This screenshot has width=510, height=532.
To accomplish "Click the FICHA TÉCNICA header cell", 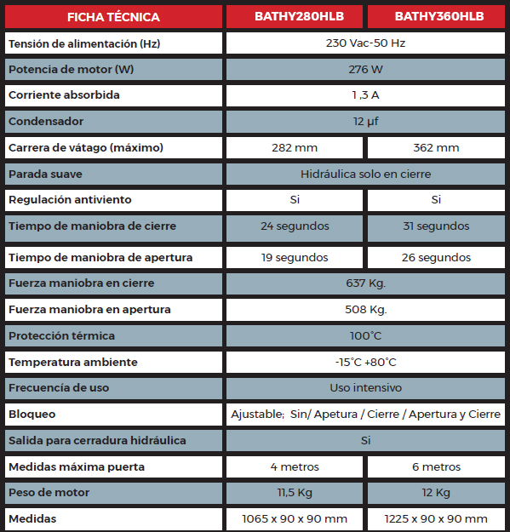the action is click(112, 16).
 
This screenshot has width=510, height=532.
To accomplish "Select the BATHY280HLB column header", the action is click(294, 16).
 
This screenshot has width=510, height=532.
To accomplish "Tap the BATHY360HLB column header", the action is click(436, 16).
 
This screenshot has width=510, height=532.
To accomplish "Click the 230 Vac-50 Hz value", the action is click(365, 43).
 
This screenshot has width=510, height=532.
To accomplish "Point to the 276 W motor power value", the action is click(365, 69).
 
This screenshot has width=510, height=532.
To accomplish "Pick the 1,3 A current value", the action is click(365, 95).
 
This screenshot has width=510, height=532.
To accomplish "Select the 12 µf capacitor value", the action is click(365, 122).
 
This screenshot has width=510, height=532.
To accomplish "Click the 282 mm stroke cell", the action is click(294, 148).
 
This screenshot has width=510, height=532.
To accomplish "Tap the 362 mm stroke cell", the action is click(436, 148).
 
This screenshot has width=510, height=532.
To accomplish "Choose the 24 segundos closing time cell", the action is click(294, 226).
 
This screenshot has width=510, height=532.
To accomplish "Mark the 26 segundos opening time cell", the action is click(436, 257).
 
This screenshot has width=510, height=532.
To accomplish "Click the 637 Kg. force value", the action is click(365, 283).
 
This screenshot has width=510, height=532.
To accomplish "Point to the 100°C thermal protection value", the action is click(365, 335).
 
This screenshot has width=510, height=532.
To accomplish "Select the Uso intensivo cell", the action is click(365, 387).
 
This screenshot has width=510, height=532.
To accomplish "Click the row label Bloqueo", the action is click(32, 415).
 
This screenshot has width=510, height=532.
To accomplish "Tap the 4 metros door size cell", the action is click(294, 466).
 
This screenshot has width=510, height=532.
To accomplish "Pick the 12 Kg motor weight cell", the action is click(436, 493).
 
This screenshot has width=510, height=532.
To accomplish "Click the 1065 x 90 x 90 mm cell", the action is click(294, 518).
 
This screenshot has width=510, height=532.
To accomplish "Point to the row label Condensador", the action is click(46, 122).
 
